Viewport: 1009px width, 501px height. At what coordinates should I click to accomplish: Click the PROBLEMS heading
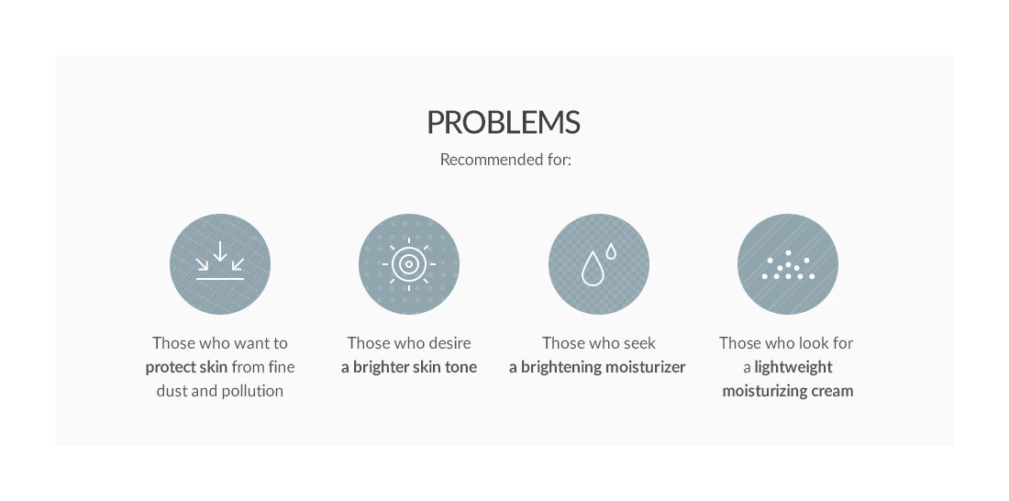[x=504, y=122]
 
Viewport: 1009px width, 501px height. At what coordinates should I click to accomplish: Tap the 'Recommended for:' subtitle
[x=505, y=159]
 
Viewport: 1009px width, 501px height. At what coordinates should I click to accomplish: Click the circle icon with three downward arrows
[x=220, y=264]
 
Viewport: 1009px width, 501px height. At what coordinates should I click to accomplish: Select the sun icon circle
[x=408, y=264]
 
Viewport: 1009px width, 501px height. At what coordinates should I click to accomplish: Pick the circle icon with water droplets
[x=598, y=264]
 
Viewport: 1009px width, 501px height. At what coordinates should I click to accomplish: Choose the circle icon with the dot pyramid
[x=788, y=264]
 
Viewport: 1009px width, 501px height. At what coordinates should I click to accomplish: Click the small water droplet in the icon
[x=611, y=251]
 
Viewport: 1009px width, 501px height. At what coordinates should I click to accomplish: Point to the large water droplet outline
[x=593, y=269]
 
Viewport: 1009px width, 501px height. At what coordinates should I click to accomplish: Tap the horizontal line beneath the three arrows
[x=220, y=279]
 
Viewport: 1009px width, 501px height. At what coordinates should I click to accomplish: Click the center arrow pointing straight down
[x=220, y=251]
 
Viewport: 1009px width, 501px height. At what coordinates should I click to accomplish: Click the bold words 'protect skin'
[x=186, y=368]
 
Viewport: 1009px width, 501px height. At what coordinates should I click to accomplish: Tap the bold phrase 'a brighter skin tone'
[x=409, y=367]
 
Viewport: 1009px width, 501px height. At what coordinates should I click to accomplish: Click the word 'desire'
[x=449, y=343]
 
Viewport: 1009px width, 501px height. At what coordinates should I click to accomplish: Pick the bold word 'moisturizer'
[x=645, y=367]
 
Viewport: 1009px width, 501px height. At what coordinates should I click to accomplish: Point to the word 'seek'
[x=640, y=343]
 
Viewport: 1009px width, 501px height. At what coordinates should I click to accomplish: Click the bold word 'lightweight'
[x=793, y=368]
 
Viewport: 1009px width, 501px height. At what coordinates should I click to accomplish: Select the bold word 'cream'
[x=833, y=391]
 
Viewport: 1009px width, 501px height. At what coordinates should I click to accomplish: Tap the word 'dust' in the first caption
[x=172, y=391]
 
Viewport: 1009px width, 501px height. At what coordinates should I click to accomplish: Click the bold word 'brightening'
[x=560, y=368]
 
